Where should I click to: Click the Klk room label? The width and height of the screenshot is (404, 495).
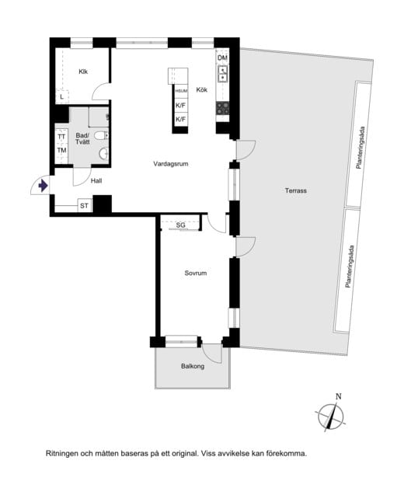83,71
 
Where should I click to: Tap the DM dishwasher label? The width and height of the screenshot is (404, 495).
222,58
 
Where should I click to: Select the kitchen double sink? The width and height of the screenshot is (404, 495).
222,74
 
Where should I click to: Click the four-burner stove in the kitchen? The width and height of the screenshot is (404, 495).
222,108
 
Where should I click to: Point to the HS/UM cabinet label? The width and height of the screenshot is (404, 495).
181,91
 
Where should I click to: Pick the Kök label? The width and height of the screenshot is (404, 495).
202,89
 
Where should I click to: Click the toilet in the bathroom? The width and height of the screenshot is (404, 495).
102,135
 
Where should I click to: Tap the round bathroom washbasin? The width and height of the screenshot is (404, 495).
103,154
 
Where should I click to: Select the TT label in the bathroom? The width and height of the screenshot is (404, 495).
61,137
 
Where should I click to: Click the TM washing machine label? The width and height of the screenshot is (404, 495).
61,150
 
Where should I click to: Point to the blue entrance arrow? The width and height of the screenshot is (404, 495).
43,186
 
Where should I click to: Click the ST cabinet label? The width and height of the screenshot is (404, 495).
84,206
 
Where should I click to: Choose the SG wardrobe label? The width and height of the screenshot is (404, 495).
180,225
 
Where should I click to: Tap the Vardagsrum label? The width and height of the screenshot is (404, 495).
171,164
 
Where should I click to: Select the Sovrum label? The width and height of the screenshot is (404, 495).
196,273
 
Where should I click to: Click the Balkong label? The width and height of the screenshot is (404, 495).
193,366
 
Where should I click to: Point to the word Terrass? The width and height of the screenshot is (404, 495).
296,190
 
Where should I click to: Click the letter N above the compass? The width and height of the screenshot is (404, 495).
339,396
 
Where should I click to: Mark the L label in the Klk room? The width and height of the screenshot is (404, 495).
62,97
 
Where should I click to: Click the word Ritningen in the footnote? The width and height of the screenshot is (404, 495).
62,454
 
